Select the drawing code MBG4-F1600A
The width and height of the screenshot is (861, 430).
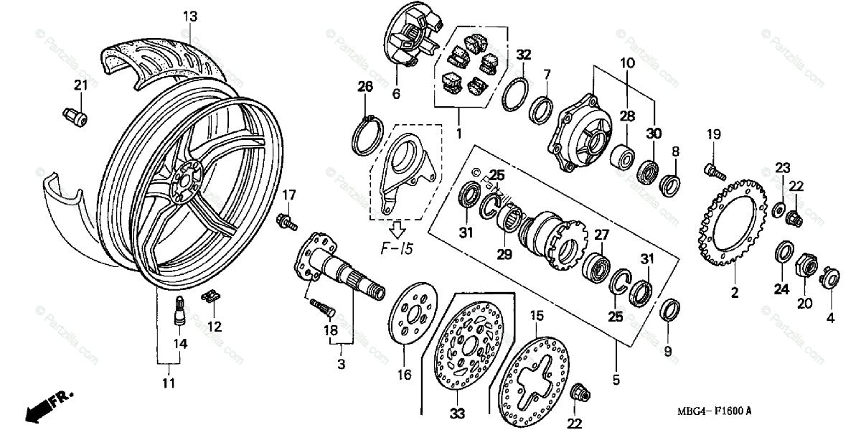pos(713,411)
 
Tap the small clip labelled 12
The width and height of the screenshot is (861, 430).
pos(211,296)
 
